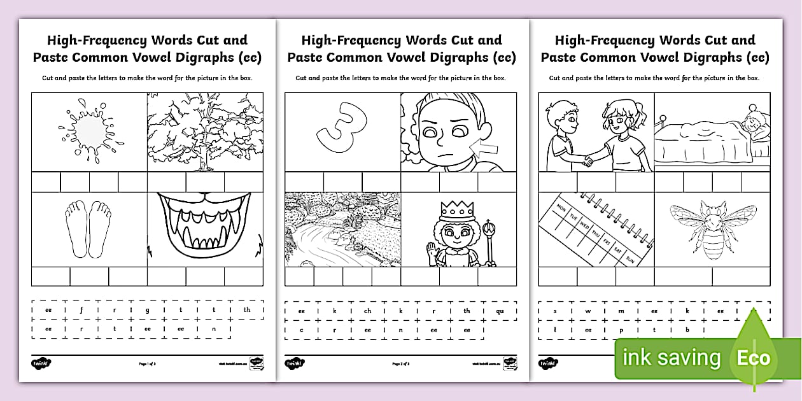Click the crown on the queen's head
point(456,210)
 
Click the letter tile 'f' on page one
point(81,310)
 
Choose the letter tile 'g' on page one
point(147,310)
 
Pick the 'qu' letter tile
point(500,311)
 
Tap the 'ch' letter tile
point(368,311)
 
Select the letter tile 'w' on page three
point(588,311)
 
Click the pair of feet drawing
point(90,229)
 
